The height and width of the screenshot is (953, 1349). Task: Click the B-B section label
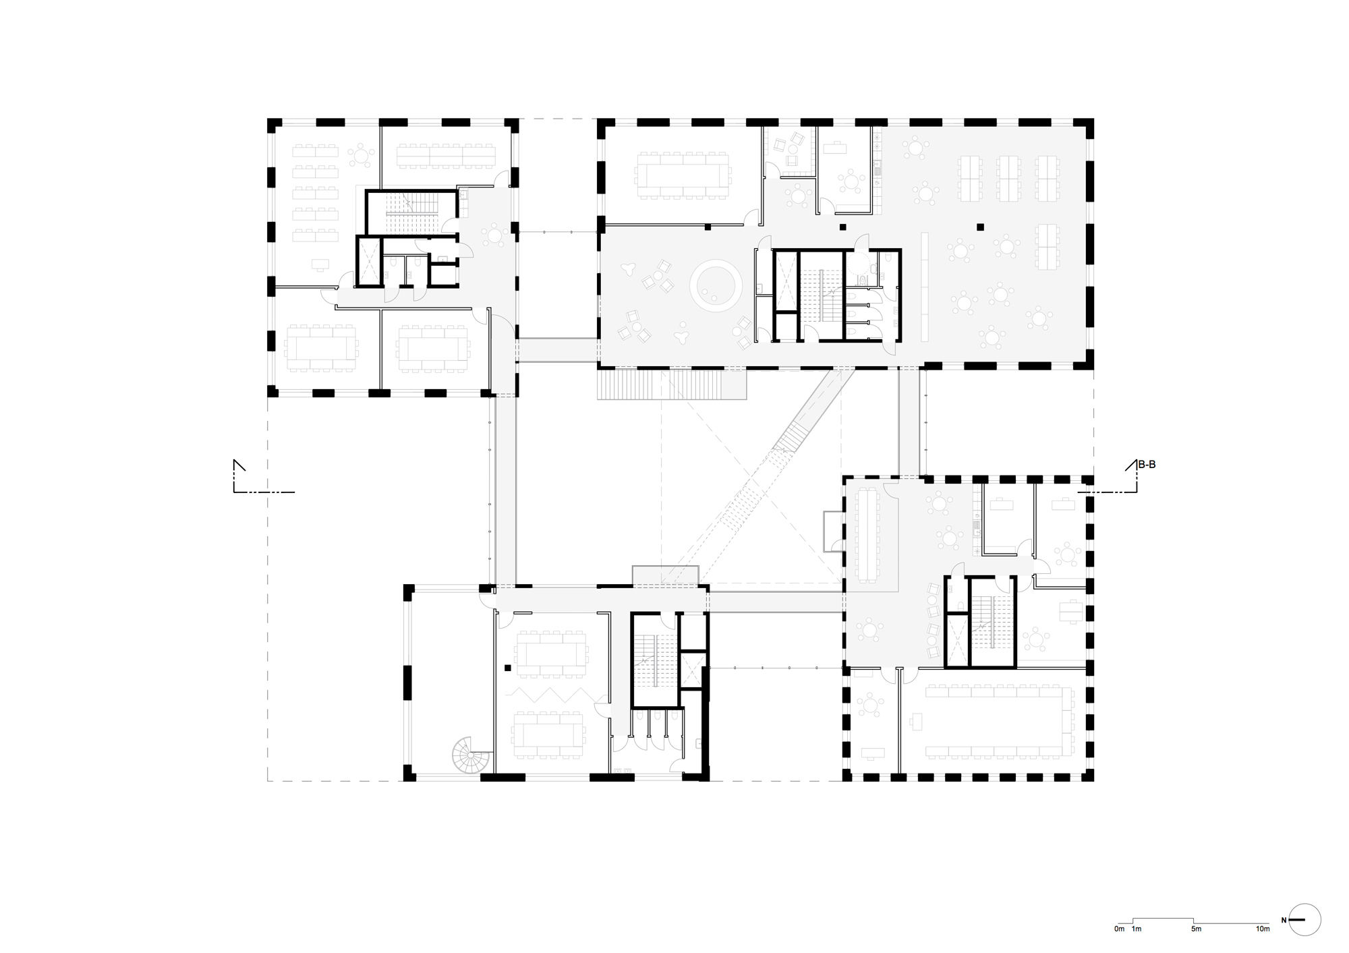click(x=1147, y=465)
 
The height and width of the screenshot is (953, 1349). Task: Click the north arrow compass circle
click(x=1304, y=920)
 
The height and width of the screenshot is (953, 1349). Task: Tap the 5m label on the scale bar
click(x=1196, y=929)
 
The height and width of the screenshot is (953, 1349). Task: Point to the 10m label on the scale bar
click(x=1263, y=929)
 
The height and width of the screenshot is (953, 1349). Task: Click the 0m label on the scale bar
click(x=1119, y=929)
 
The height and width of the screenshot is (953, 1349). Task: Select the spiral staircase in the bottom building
click(x=470, y=753)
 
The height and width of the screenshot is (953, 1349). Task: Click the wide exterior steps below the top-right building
click(x=671, y=384)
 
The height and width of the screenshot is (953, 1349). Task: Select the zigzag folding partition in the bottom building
click(x=548, y=695)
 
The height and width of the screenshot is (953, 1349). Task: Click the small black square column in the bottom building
click(x=507, y=668)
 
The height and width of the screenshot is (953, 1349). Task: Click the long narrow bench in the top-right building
click(x=925, y=286)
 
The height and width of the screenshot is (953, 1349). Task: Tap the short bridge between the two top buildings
click(x=558, y=350)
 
